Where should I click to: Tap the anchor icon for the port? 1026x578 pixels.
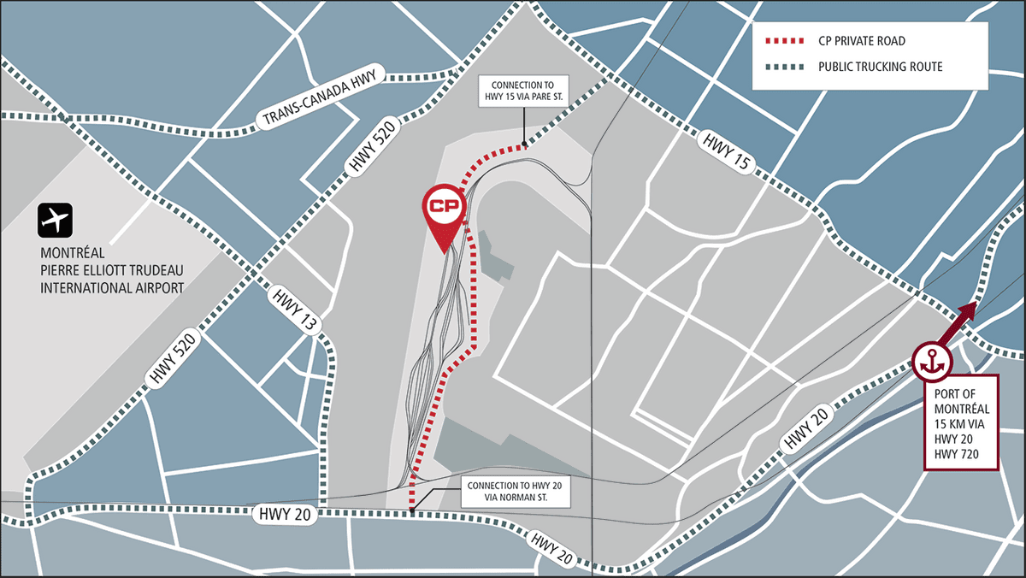click(930, 362)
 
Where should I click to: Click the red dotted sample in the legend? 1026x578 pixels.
click(785, 41)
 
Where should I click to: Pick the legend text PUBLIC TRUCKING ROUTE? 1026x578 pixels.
click(880, 67)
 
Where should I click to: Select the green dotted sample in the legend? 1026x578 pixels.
click(785, 67)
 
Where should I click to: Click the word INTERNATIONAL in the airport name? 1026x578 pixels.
click(111, 287)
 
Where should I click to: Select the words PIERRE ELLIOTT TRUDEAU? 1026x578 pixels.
click(112, 270)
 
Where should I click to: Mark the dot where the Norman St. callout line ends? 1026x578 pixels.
click(412, 512)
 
